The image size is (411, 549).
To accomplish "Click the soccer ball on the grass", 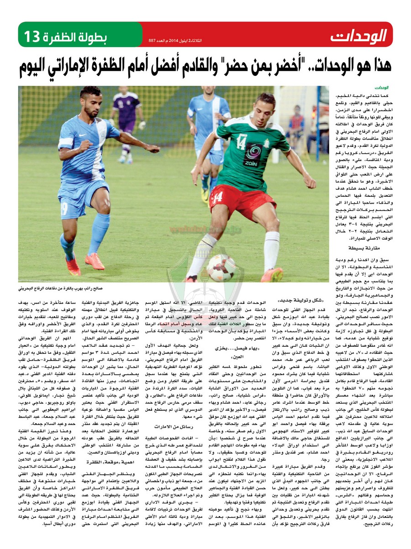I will pos(220,268).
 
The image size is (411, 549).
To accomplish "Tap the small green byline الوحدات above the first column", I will pos(382,86).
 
